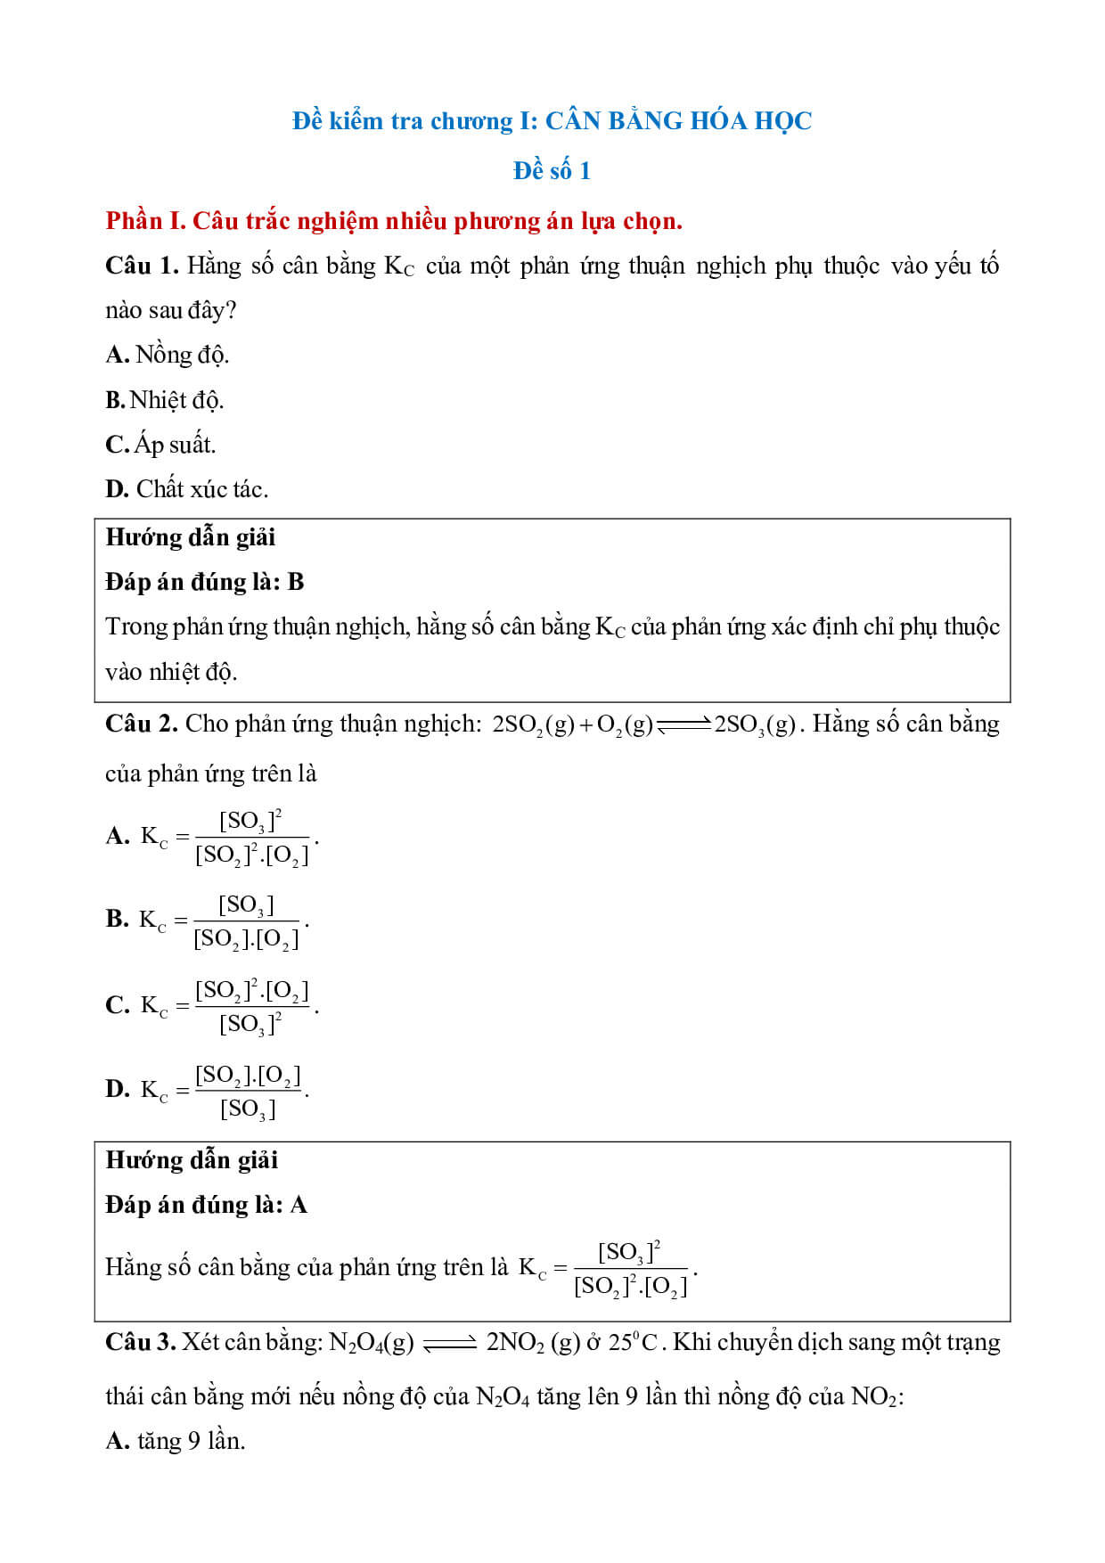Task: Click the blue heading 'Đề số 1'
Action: [x=552, y=170]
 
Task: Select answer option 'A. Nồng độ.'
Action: [x=168, y=355]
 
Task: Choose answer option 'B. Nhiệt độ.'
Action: [x=165, y=400]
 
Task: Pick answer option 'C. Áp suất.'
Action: [x=161, y=444]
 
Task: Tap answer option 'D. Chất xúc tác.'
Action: [x=187, y=488]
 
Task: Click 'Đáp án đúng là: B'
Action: [x=205, y=582]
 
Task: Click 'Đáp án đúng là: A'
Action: [x=206, y=1205]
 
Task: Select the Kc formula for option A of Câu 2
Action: [x=229, y=837]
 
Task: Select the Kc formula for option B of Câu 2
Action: [x=224, y=921]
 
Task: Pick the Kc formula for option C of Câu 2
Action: [x=229, y=1006]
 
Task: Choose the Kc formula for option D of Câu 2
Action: [x=224, y=1091]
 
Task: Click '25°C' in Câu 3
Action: [x=633, y=1342]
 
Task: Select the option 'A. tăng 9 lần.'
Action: [x=176, y=1441]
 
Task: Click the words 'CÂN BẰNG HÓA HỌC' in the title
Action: [x=678, y=120]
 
